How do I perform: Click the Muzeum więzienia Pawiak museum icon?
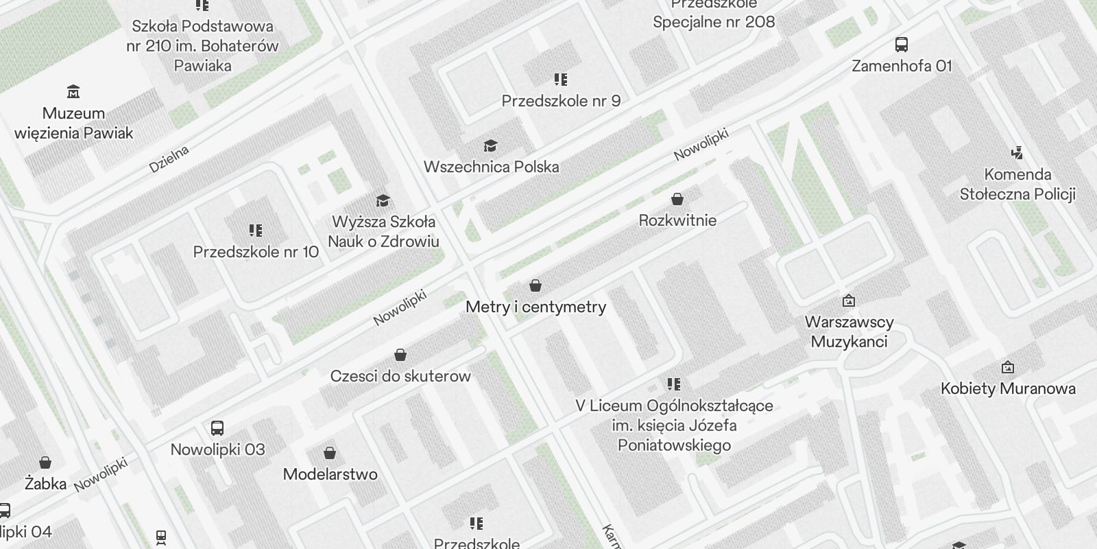point(73,91)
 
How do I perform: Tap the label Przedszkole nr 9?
point(561,101)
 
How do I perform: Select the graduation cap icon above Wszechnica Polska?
point(490,145)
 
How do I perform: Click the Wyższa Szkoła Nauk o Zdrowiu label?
point(383,231)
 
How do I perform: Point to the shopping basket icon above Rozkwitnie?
point(677,199)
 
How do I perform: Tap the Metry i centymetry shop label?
point(535,307)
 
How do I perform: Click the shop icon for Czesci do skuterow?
point(400,355)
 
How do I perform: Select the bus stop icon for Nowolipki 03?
point(217,428)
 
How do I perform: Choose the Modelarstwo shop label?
point(330,474)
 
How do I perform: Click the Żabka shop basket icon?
point(45,463)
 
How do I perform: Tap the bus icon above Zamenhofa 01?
point(902,45)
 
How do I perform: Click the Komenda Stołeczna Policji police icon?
point(1017,153)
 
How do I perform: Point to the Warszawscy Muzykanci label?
point(849,331)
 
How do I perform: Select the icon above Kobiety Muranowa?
point(1008,367)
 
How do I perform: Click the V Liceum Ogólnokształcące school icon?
point(674,384)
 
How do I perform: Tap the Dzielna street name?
point(169,159)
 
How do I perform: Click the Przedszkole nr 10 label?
point(256,252)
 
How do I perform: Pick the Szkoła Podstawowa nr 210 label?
point(202,46)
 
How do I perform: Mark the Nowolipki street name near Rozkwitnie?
point(700,145)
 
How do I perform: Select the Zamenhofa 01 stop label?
point(902,66)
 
